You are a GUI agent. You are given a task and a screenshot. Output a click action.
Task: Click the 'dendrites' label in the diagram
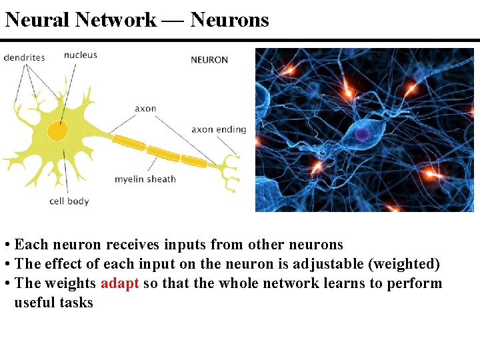coord(24,57)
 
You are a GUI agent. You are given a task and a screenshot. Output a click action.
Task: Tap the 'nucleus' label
coord(80,55)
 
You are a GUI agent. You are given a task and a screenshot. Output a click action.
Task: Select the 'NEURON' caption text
coord(209,60)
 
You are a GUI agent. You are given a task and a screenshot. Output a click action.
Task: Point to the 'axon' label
coord(145,108)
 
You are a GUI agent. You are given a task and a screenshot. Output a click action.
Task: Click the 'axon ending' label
coord(219,129)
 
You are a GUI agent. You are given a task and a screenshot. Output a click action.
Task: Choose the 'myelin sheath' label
coord(145,179)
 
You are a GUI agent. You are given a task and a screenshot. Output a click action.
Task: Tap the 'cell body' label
coord(69,201)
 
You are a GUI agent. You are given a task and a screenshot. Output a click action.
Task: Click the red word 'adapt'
coord(119,283)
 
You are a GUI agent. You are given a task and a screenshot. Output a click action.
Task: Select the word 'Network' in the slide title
coord(116,20)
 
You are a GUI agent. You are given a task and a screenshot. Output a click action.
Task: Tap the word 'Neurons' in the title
coord(229,20)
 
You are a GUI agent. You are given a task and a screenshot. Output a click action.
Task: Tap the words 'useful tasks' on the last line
coord(53,302)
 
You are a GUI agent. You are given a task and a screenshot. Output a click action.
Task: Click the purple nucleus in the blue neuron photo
coord(362,135)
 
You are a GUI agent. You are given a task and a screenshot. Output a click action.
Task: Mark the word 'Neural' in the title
coord(37,20)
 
